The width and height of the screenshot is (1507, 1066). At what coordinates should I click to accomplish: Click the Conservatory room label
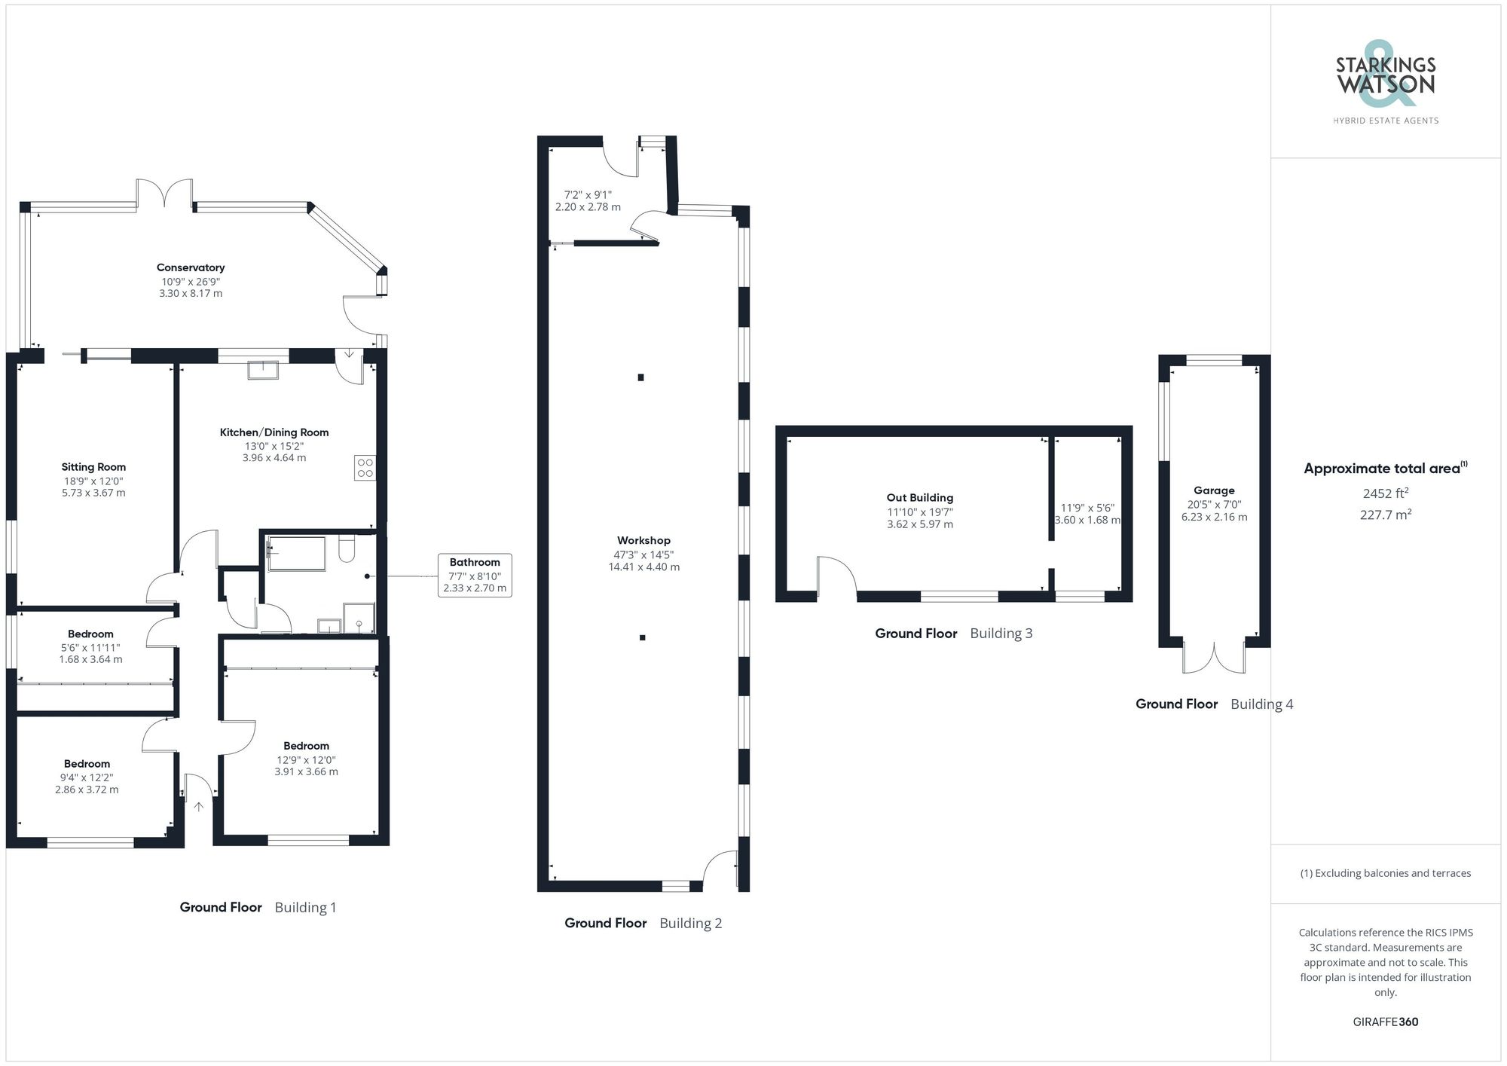(191, 267)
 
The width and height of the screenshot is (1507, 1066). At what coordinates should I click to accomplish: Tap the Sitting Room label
(93, 467)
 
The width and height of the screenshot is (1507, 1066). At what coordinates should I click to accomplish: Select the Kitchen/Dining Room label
(274, 432)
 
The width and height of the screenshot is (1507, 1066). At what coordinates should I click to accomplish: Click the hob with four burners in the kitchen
(365, 468)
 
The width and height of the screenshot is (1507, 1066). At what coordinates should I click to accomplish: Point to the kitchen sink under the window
(263, 370)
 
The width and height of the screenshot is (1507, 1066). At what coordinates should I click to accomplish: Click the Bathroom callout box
(475, 575)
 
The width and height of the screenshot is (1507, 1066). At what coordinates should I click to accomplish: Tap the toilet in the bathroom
(347, 550)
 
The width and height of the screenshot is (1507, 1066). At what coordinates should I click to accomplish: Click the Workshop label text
(643, 540)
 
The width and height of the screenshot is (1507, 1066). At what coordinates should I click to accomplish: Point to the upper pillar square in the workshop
(640, 377)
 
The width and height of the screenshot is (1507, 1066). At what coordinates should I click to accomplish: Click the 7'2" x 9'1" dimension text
(588, 194)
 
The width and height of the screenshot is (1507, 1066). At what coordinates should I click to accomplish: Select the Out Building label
(919, 498)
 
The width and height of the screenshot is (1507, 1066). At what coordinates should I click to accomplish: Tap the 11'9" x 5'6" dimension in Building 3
(1087, 508)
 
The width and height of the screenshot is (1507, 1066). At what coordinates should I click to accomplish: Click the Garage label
(1214, 490)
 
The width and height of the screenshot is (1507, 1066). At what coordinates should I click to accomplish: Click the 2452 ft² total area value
(1385, 494)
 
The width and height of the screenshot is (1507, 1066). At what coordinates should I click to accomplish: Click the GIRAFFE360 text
(1385, 1022)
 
